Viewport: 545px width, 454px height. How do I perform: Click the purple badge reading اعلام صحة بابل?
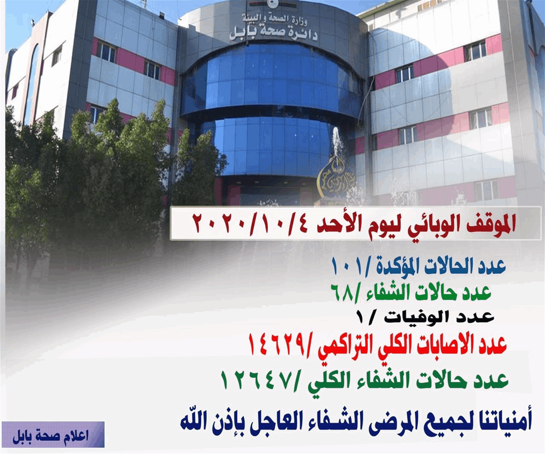point(53,434)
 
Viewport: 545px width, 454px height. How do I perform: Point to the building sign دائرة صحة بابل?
point(273,34)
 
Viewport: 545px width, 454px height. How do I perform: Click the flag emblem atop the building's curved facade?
point(273,5)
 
